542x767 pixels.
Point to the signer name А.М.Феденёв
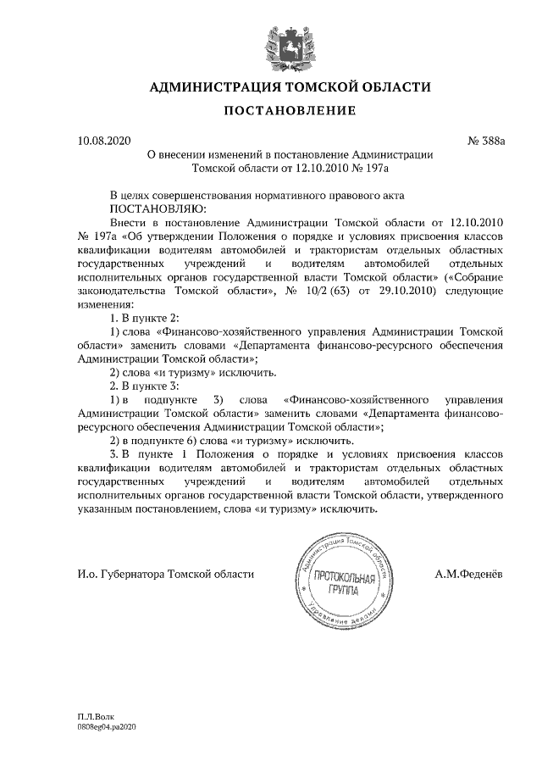(x=468, y=575)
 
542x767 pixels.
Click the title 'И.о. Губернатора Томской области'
(x=165, y=575)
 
